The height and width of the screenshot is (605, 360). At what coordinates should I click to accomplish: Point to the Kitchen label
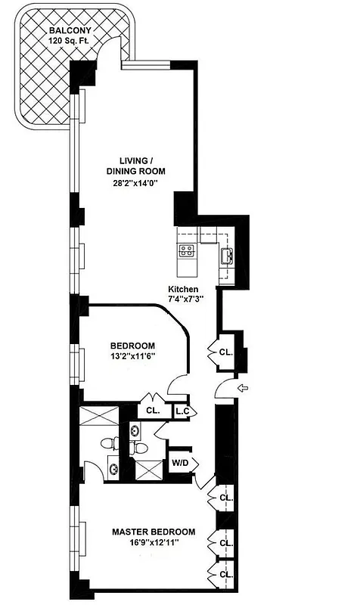pyautogui.click(x=183, y=290)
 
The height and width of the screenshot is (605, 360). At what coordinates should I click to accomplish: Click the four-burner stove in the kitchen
pyautogui.click(x=187, y=250)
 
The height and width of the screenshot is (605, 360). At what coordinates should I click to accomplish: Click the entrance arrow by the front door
pyautogui.click(x=243, y=389)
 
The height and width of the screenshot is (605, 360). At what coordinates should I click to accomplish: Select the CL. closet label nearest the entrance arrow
pyautogui.click(x=225, y=352)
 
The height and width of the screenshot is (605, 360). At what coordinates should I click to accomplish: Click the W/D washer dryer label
pyautogui.click(x=180, y=462)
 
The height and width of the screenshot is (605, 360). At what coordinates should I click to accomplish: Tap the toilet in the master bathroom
pyautogui.click(x=106, y=444)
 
